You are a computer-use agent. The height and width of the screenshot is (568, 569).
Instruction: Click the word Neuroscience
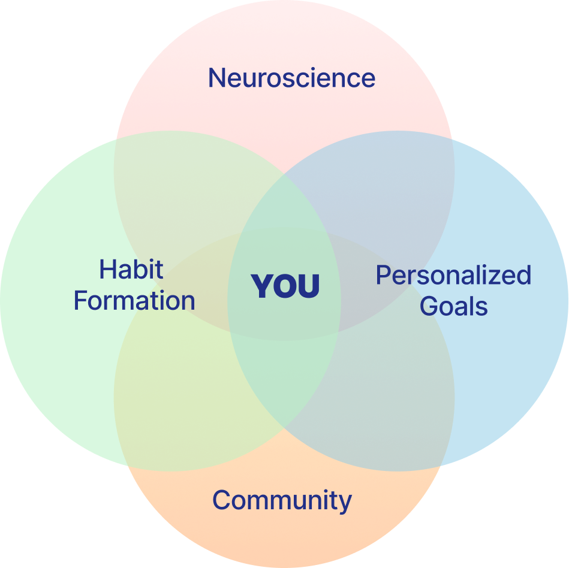point(291,78)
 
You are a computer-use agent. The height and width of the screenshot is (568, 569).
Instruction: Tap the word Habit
point(131,270)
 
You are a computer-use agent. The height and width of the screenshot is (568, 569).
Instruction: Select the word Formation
point(134,301)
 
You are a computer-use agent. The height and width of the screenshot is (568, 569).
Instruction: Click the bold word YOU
point(285,286)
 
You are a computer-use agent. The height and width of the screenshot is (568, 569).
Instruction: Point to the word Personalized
point(453,276)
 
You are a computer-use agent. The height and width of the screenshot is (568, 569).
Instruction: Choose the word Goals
point(453,306)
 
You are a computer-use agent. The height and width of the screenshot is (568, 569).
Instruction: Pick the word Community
point(282,500)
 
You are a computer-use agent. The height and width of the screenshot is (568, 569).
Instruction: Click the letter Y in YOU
point(263,286)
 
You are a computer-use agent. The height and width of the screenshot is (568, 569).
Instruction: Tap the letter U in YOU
point(308,286)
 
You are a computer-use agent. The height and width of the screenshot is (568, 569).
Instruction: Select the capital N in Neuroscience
point(216,78)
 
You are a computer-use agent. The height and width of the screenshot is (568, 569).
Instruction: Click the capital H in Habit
point(107,270)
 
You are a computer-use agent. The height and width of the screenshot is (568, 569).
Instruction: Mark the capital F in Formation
point(80,301)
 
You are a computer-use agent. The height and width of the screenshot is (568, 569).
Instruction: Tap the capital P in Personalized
point(383,276)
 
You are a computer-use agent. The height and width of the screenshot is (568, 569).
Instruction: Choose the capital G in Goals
point(428,306)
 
